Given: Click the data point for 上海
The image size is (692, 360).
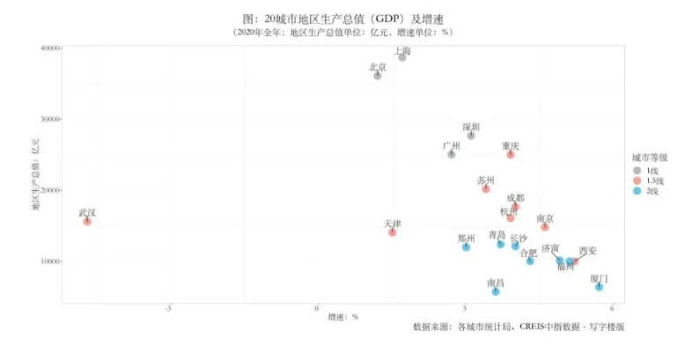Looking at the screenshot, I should tap(402, 56).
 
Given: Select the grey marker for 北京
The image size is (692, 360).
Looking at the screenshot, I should tap(378, 76).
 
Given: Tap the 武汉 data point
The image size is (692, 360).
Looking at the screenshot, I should tap(87, 222).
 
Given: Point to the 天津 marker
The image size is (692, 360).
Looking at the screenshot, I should tap(393, 232).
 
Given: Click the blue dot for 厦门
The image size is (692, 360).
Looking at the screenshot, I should tap(599, 287).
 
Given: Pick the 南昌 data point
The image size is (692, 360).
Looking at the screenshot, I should tap(496, 291).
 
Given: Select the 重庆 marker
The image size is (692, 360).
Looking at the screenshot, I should tap(511, 154).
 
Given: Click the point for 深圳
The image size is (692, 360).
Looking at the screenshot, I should tap(471, 136).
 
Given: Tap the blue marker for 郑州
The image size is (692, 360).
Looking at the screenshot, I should tap(467, 247).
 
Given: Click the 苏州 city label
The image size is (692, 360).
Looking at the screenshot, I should tap(486, 180).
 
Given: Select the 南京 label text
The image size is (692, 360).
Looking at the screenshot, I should tap(545, 218).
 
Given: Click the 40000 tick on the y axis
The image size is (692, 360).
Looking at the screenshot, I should tap(48, 48).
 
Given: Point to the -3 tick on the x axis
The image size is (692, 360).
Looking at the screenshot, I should tap(167, 308).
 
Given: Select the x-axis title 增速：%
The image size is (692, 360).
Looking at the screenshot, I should tap(342, 316).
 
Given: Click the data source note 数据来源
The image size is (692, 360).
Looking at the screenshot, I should tap(519, 327).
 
